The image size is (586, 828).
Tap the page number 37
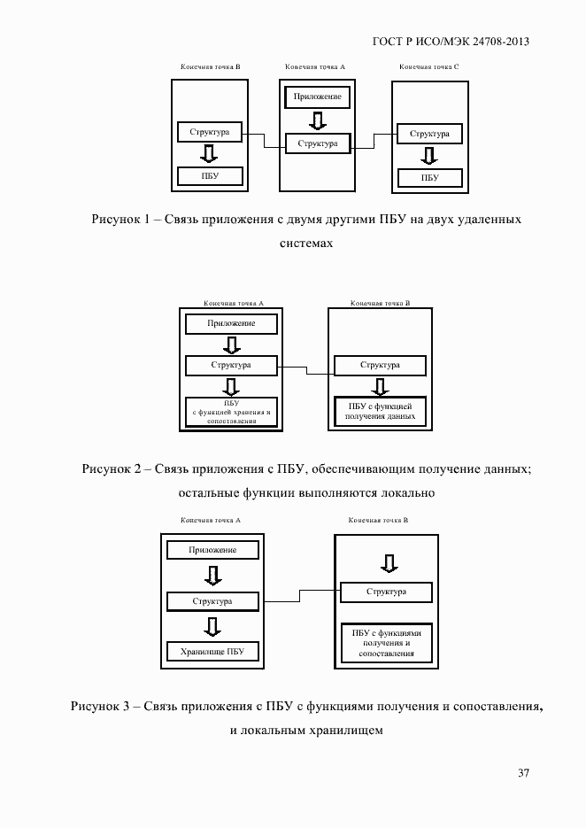pyautogui.click(x=523, y=773)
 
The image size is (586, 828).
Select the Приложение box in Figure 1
pyautogui.click(x=317, y=97)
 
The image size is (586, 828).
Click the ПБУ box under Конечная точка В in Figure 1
pyautogui.click(x=209, y=176)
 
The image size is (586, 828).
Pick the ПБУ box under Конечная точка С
pyautogui.click(x=429, y=177)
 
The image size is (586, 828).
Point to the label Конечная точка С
pyautogui.click(x=429, y=67)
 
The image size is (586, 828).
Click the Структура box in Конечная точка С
pyautogui.click(x=429, y=134)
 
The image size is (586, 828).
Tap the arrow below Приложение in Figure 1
pyautogui.click(x=317, y=120)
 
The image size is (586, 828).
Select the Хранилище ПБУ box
pyautogui.click(x=212, y=653)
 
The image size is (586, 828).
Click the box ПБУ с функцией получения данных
pyautogui.click(x=380, y=411)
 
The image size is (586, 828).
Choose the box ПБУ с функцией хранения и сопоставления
pyautogui.click(x=231, y=413)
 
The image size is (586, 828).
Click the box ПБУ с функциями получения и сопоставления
pyautogui.click(x=386, y=643)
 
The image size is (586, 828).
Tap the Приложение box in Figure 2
pyautogui.click(x=231, y=323)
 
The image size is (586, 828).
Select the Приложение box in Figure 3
pyautogui.click(x=212, y=550)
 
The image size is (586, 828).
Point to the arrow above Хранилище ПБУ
pyautogui.click(x=212, y=627)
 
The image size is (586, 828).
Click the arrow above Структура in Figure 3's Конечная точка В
pyautogui.click(x=386, y=563)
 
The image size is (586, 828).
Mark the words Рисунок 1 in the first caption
pyautogui.click(x=120, y=219)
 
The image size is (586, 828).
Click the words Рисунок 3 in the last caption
pyautogui.click(x=100, y=706)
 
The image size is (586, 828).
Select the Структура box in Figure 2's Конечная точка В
pyautogui.click(x=380, y=365)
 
